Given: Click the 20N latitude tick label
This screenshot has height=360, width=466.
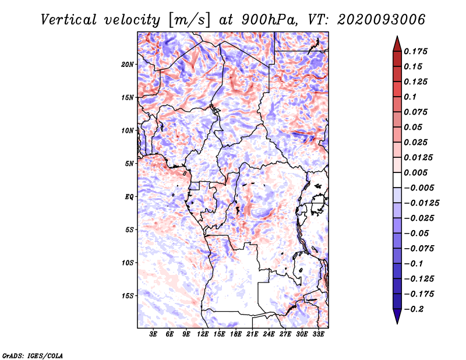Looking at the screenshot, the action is pyautogui.click(x=128, y=65).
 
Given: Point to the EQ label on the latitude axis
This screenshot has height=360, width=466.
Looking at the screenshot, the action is pyautogui.click(x=129, y=197).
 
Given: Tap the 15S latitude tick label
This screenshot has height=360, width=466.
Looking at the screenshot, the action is pyautogui.click(x=128, y=296).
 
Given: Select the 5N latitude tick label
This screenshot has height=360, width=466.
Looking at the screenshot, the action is pyautogui.click(x=129, y=164).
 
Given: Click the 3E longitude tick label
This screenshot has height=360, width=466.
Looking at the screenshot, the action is pyautogui.click(x=153, y=334).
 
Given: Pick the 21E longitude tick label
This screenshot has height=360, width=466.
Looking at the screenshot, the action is pyautogui.click(x=252, y=334).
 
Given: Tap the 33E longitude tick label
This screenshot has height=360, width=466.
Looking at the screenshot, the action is pyautogui.click(x=318, y=334).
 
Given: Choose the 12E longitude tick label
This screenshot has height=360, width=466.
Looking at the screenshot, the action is pyautogui.click(x=202, y=334).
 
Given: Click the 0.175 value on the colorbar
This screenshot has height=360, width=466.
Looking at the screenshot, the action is pyautogui.click(x=415, y=51).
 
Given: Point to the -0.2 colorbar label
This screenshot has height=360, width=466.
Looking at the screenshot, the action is pyautogui.click(x=414, y=309).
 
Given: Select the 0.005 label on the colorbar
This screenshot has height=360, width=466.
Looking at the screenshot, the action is pyautogui.click(x=415, y=172).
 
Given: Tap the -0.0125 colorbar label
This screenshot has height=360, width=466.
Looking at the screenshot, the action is pyautogui.click(x=421, y=203).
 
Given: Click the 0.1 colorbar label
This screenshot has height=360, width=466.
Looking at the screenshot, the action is pyautogui.click(x=410, y=97).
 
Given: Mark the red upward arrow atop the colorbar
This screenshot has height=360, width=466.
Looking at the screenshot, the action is pyautogui.click(x=397, y=44).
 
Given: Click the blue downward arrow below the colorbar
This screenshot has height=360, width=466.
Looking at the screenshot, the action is pyautogui.click(x=397, y=316).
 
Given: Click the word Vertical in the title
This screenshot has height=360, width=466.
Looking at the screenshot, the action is pyautogui.click(x=69, y=20).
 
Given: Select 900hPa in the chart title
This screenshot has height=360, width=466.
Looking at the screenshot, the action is pyautogui.click(x=270, y=20).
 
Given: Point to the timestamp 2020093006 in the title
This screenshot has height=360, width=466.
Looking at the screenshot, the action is pyautogui.click(x=382, y=20).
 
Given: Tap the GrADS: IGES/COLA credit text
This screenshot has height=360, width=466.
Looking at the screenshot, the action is pyautogui.click(x=33, y=355).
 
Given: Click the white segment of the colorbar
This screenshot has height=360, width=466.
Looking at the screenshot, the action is pyautogui.click(x=397, y=180).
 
